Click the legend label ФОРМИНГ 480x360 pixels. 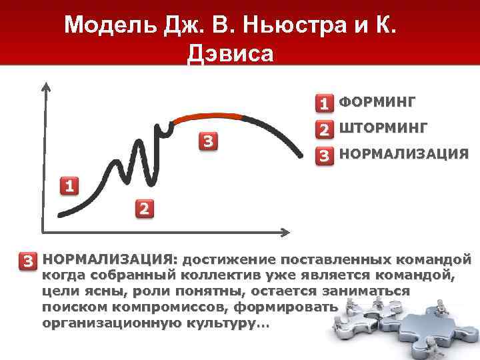(377, 102)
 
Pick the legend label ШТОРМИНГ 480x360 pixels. (383, 128)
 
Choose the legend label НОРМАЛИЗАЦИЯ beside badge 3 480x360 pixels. (403, 154)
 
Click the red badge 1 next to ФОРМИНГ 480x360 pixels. (324, 103)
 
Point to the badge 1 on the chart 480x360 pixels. (68, 185)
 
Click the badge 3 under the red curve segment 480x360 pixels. (209, 141)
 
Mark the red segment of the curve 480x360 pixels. (207, 117)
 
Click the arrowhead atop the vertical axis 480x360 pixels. (45, 87)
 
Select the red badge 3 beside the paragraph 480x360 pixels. (28, 260)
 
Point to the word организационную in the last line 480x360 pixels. (106, 323)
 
